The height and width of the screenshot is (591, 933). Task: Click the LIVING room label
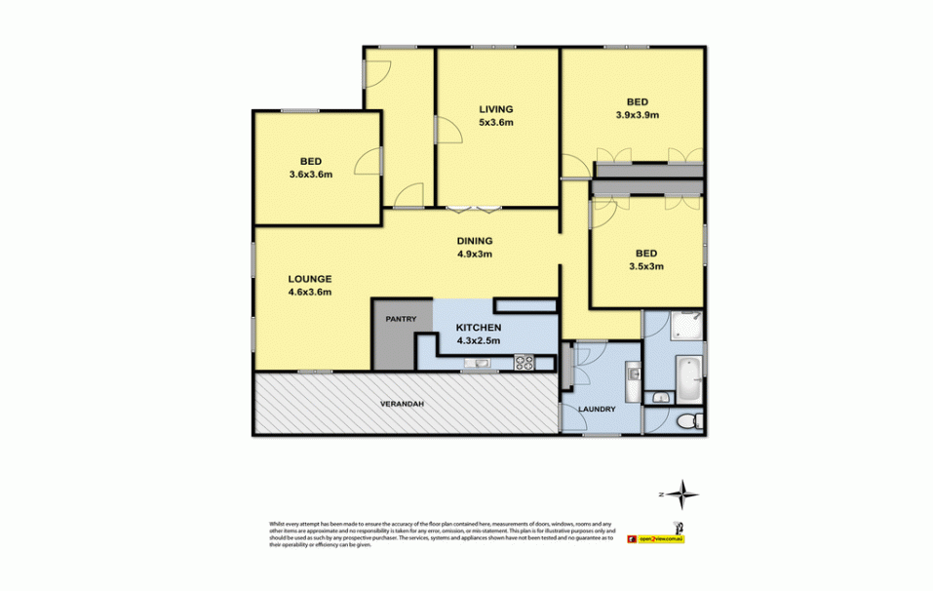[x=495, y=108]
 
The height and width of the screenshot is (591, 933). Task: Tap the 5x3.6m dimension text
[x=495, y=122]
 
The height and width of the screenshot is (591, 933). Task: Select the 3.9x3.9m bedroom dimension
[x=638, y=114]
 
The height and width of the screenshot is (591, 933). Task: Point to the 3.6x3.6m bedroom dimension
[x=311, y=175]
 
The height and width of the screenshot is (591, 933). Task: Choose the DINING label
[x=475, y=241]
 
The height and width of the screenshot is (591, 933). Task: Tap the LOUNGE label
[x=310, y=278]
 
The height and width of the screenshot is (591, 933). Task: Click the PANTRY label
[x=401, y=319]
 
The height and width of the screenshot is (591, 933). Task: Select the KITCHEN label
[x=479, y=327]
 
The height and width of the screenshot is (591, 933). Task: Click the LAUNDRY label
[x=597, y=409]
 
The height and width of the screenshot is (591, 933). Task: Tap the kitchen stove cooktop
[x=524, y=365]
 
